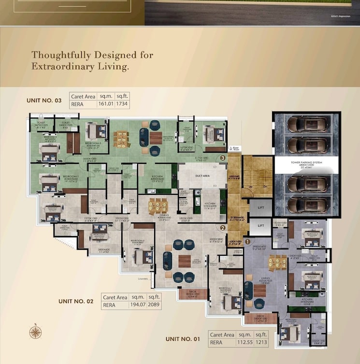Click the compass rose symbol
[35, 332]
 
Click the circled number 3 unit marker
[223, 158]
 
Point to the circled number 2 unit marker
[223, 228]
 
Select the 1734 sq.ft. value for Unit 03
[122, 104]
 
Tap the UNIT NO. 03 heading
[44, 101]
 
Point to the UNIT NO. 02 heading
[76, 301]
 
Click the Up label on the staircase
[249, 186]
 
